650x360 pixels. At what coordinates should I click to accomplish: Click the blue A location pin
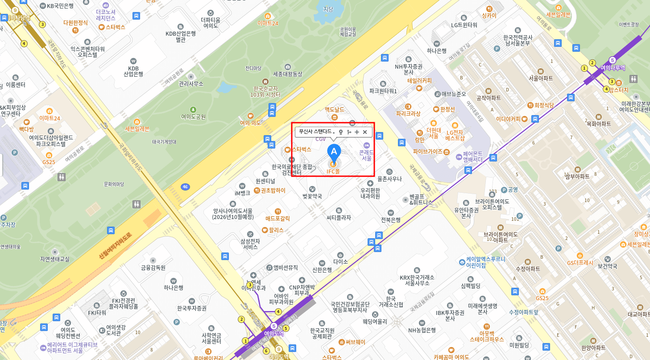coord(333,152)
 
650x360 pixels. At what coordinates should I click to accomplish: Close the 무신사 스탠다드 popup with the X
coord(365,132)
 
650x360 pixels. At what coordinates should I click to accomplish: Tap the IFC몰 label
coord(333,171)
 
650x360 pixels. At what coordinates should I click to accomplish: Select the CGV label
coord(321,139)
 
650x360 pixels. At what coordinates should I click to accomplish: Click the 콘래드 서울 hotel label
coord(366,155)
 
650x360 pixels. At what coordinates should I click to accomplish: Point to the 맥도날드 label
coord(334,109)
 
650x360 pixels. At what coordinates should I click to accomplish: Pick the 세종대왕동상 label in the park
coord(287,74)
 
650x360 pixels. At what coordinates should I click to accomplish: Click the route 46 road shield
coord(185,186)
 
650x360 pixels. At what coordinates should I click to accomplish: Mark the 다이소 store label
coord(340,262)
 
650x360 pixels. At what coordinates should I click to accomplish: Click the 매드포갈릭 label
coord(277,219)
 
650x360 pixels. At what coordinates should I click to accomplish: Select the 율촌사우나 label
coord(389,179)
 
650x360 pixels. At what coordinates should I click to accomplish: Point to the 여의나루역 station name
coord(613,68)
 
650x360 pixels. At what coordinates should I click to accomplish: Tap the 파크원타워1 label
coord(383,91)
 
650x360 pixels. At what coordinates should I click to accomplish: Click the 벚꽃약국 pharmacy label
coord(312,196)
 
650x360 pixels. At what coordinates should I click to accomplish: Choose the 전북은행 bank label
coord(390,219)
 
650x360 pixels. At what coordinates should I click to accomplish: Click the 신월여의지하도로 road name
coord(116,246)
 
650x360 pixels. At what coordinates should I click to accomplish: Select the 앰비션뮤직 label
coord(286,268)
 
